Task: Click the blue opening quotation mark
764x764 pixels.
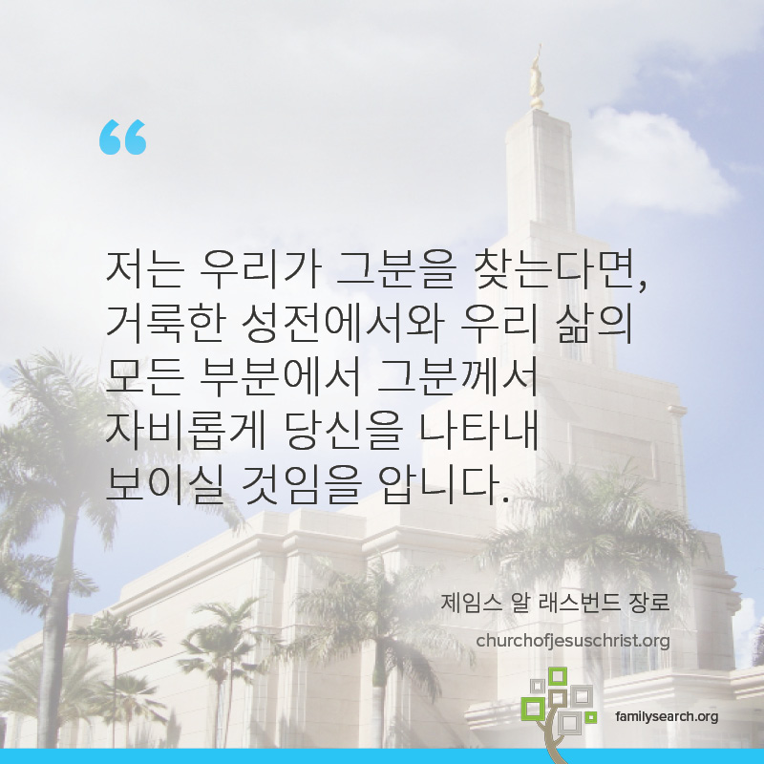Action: pos(123,137)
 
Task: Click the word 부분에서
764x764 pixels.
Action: pos(280,376)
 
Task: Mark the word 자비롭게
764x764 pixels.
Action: pos(185,432)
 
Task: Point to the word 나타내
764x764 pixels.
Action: pos(478,432)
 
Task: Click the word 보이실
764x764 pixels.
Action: pos(164,485)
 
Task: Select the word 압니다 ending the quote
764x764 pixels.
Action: pos(442,485)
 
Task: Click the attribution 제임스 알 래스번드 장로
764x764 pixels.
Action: pos(556,603)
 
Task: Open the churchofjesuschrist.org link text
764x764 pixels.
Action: pos(573,641)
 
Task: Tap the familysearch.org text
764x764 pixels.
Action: pos(667,716)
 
